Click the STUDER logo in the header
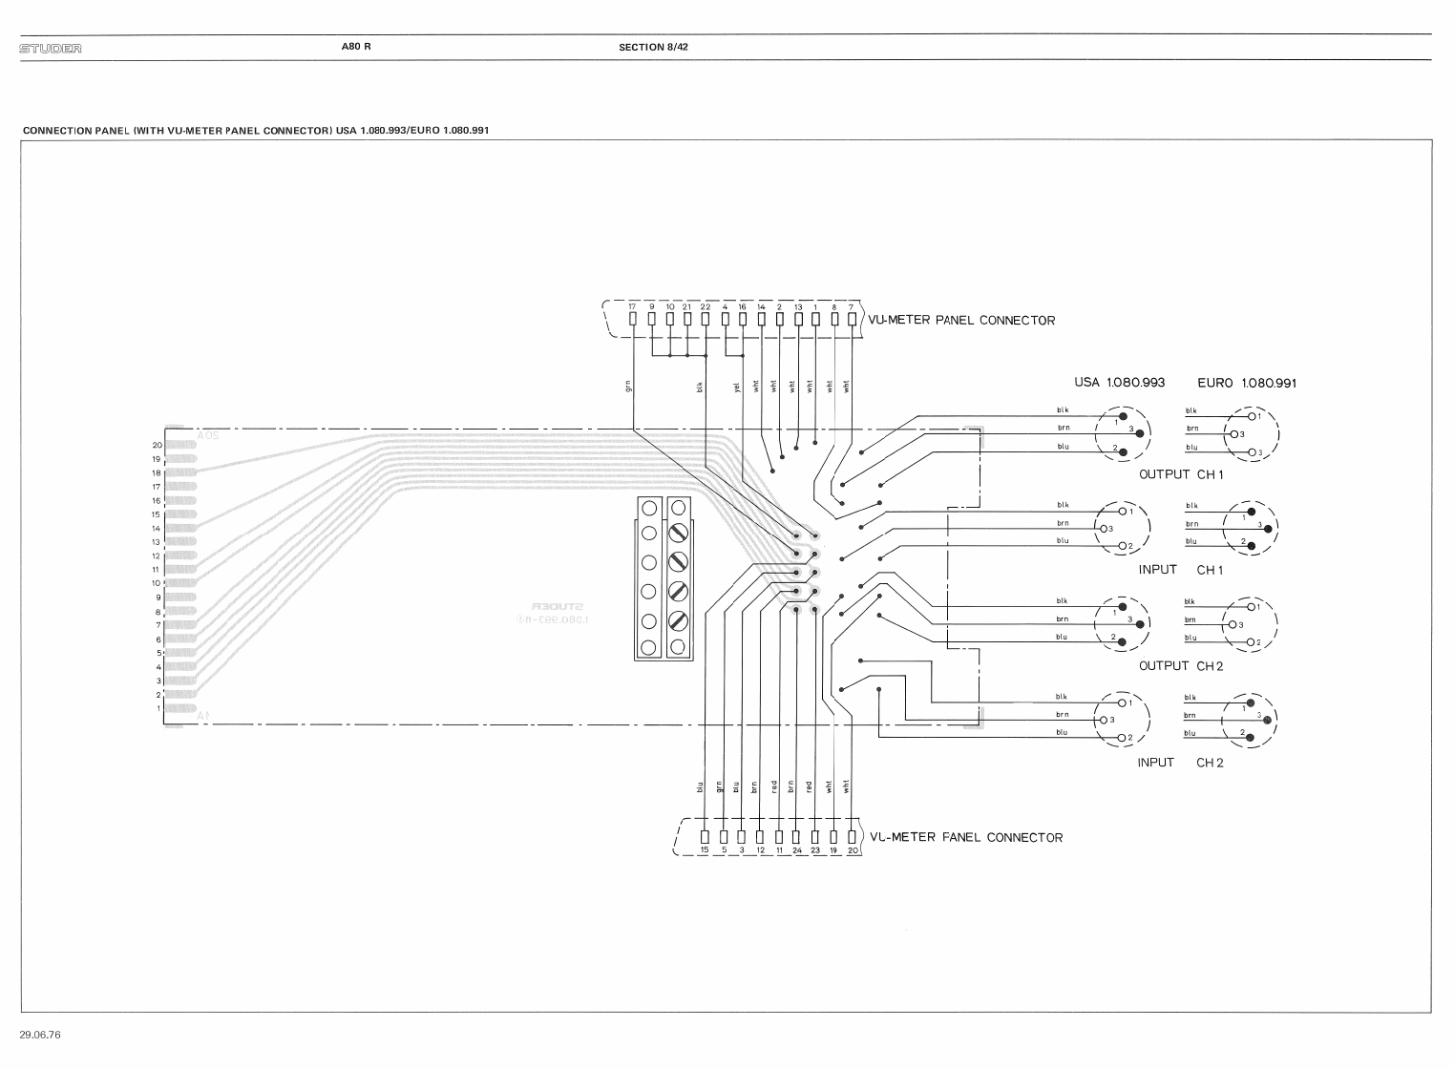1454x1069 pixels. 51,48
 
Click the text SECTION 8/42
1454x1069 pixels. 653,47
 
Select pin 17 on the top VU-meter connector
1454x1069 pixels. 632,319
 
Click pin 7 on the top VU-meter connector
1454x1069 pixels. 851,319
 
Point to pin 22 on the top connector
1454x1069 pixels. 706,319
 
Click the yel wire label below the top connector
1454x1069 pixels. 737,387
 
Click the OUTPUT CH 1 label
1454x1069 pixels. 1181,474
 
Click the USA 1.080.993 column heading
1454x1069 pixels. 1119,383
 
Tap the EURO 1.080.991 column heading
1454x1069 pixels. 1246,383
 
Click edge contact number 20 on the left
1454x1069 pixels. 158,446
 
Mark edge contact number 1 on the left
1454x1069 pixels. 158,709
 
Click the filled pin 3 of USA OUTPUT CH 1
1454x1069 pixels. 1140,433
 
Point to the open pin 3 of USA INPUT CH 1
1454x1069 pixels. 1101,529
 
